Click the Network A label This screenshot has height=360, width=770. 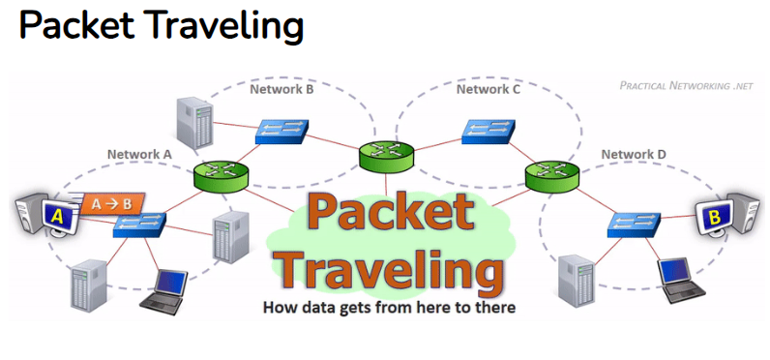coord(139,154)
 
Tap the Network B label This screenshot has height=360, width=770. coord(281,89)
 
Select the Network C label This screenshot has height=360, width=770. coord(489,89)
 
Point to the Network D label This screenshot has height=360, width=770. coord(634,154)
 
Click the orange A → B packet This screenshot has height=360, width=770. coord(112,204)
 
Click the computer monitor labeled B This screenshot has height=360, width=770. coord(714,217)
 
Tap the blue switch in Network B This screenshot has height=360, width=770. coord(281,132)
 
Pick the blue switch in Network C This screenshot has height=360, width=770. coord(489,132)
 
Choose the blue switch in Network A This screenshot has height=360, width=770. coord(140,225)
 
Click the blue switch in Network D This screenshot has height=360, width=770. coord(634,225)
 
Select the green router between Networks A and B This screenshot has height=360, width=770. coord(221,176)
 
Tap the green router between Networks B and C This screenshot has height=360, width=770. coord(386,156)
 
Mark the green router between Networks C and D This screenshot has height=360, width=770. coord(552,176)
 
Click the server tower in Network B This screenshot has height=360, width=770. coord(195,122)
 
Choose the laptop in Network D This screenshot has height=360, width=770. coord(680,280)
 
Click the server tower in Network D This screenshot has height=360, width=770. coord(577,282)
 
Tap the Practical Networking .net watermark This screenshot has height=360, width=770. coord(686,86)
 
